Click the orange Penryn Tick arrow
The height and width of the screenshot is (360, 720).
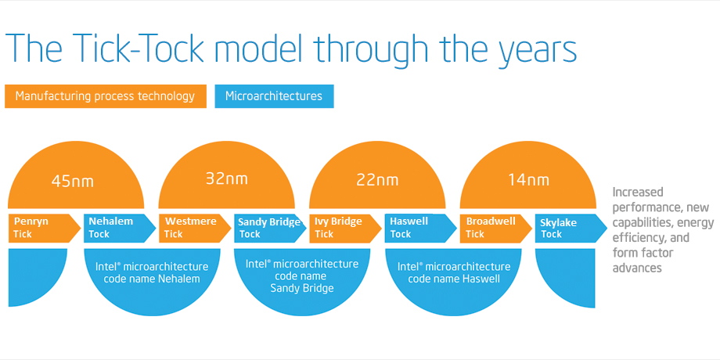coord(44,228)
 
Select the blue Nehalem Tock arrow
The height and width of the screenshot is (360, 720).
coord(120,228)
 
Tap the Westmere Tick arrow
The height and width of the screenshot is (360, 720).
coord(195,228)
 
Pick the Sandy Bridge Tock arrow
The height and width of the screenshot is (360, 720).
coord(271,228)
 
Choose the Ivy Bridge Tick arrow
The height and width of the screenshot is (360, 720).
coord(346,228)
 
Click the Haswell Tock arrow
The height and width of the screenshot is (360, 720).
coord(421,228)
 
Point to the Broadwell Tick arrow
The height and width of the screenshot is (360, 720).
coord(496,228)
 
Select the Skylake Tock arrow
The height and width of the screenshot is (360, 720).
coord(571,228)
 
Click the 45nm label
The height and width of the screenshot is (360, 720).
coord(73,182)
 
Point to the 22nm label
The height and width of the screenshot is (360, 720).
coord(378,179)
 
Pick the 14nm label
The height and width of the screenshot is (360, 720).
coord(528,179)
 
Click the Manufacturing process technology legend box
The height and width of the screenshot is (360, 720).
coord(106,96)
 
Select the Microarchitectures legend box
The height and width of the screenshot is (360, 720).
coord(274,96)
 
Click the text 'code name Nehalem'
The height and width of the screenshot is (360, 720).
coord(152,279)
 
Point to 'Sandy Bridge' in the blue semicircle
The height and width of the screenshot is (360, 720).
coord(302,288)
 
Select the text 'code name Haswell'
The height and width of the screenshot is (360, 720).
coord(454,279)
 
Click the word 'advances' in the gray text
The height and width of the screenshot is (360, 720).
coord(637,268)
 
